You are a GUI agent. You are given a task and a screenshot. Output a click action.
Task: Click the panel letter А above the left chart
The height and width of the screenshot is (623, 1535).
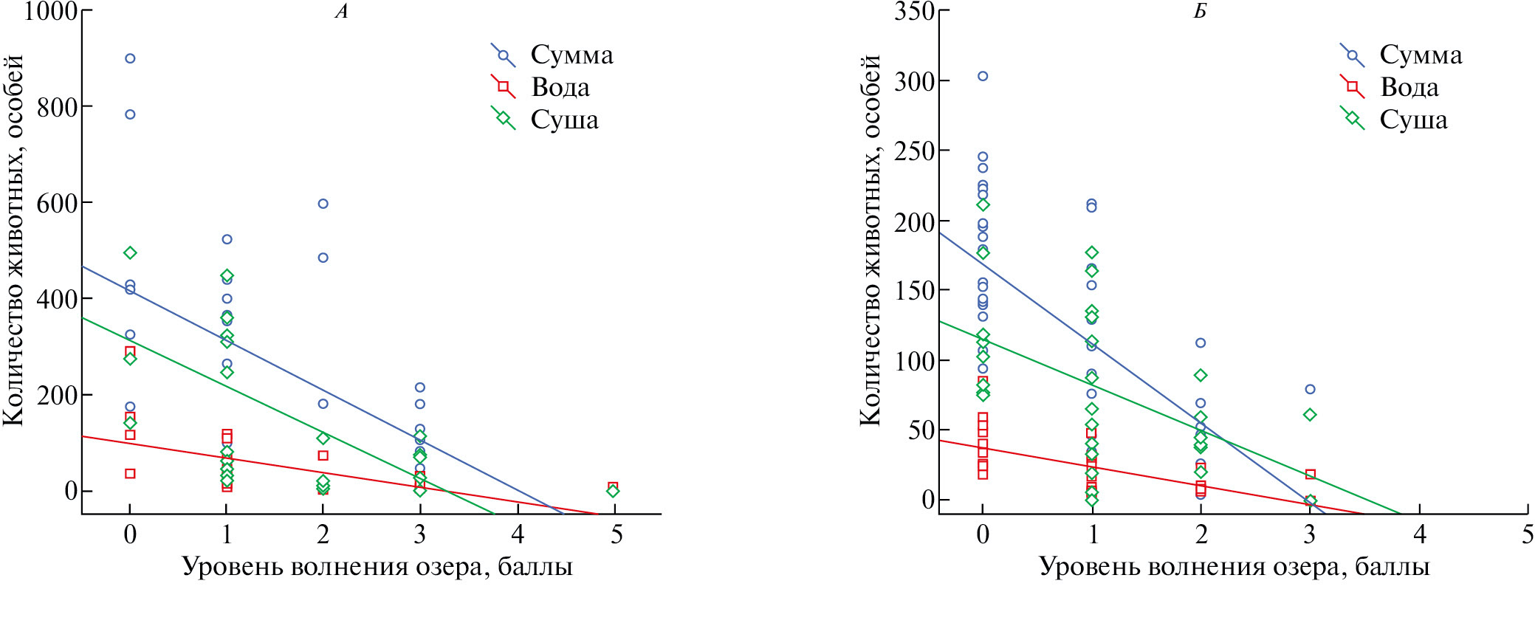point(341,12)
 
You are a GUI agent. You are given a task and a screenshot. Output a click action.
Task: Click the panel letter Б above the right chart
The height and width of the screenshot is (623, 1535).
point(1200,12)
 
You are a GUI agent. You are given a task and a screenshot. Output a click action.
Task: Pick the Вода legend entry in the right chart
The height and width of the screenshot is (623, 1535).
point(1409,87)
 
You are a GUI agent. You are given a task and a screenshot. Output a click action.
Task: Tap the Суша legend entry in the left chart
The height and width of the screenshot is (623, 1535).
point(564,120)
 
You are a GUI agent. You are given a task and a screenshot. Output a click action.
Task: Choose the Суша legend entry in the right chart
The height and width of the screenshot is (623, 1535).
point(1413,120)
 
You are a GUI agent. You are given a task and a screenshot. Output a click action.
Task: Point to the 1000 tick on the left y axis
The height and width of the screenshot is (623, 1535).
point(50,11)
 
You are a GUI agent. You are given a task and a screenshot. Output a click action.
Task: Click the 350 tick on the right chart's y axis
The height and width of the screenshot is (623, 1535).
point(914,11)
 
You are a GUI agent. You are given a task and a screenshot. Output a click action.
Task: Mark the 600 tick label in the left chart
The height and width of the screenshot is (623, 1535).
point(58,203)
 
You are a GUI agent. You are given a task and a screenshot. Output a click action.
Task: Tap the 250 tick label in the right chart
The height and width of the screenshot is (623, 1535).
point(914,151)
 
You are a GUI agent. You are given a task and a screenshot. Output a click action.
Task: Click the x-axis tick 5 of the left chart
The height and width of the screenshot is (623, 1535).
point(616,534)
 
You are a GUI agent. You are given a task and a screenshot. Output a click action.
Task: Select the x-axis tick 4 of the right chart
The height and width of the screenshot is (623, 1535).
point(1419,534)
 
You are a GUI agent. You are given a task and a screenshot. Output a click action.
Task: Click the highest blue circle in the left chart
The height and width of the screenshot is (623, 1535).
point(130,58)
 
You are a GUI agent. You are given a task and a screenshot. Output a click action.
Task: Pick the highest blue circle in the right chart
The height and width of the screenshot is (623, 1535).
point(983,76)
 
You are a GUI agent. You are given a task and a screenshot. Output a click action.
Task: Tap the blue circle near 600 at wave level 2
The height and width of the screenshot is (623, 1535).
point(323,204)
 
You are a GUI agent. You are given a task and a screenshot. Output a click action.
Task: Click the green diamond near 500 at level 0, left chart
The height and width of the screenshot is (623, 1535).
point(130,253)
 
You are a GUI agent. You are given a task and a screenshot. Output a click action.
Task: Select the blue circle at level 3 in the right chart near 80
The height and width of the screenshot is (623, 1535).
point(1310,389)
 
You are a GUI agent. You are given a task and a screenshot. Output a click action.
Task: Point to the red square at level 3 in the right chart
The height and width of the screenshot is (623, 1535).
point(1310,474)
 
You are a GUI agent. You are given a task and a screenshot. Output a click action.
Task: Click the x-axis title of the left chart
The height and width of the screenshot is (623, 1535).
point(377,567)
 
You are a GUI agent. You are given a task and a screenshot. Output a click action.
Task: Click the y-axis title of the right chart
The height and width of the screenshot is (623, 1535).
point(870,240)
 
